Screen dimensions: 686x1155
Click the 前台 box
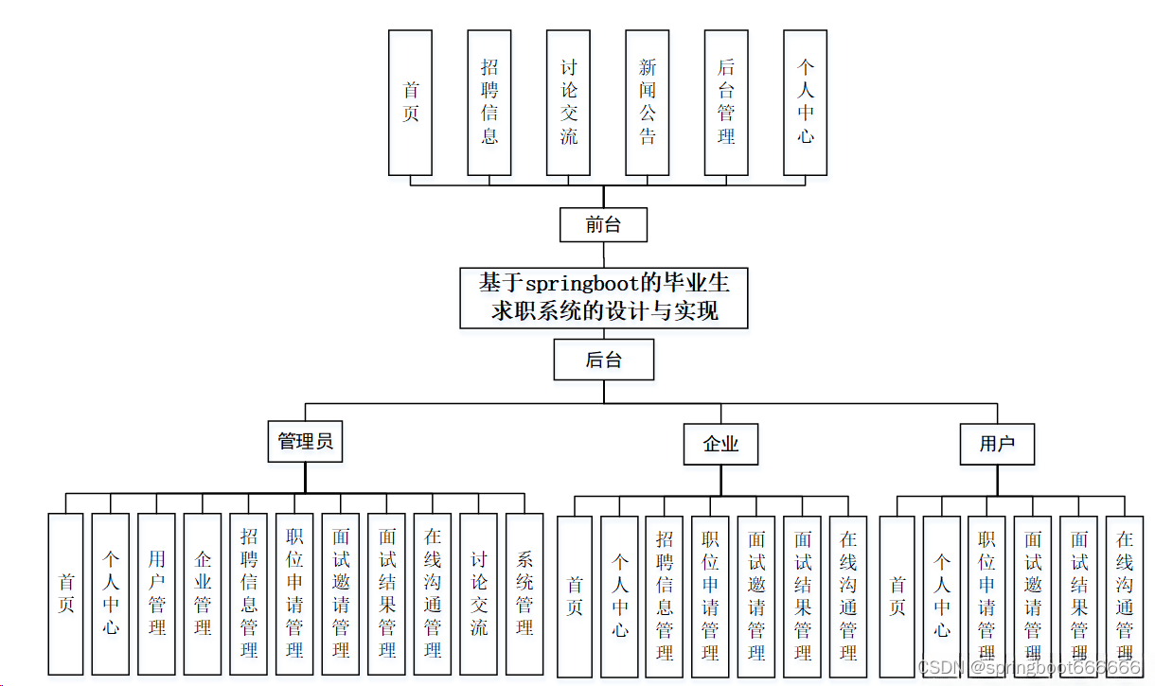click(x=603, y=225)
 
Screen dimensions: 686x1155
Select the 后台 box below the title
click(x=603, y=360)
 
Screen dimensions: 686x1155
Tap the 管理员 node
click(x=305, y=442)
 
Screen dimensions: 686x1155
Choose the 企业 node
click(x=720, y=444)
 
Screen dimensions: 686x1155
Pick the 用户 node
click(x=997, y=444)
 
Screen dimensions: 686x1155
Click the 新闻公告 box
click(x=648, y=102)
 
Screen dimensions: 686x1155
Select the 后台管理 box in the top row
click(x=726, y=102)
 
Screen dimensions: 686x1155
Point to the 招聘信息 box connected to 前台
click(x=489, y=102)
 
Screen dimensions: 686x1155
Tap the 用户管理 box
click(x=156, y=593)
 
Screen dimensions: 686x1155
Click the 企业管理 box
click(x=203, y=593)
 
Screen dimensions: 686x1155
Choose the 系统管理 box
click(x=524, y=593)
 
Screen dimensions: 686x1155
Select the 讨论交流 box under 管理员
click(x=479, y=593)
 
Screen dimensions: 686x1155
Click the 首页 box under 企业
click(x=575, y=596)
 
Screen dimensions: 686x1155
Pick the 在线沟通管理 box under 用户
click(x=1125, y=596)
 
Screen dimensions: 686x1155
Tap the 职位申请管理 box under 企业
click(x=710, y=596)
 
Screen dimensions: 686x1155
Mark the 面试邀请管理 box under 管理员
click(x=341, y=593)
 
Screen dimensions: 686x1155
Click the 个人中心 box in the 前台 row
click(x=806, y=102)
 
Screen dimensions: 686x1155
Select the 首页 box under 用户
click(x=897, y=596)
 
